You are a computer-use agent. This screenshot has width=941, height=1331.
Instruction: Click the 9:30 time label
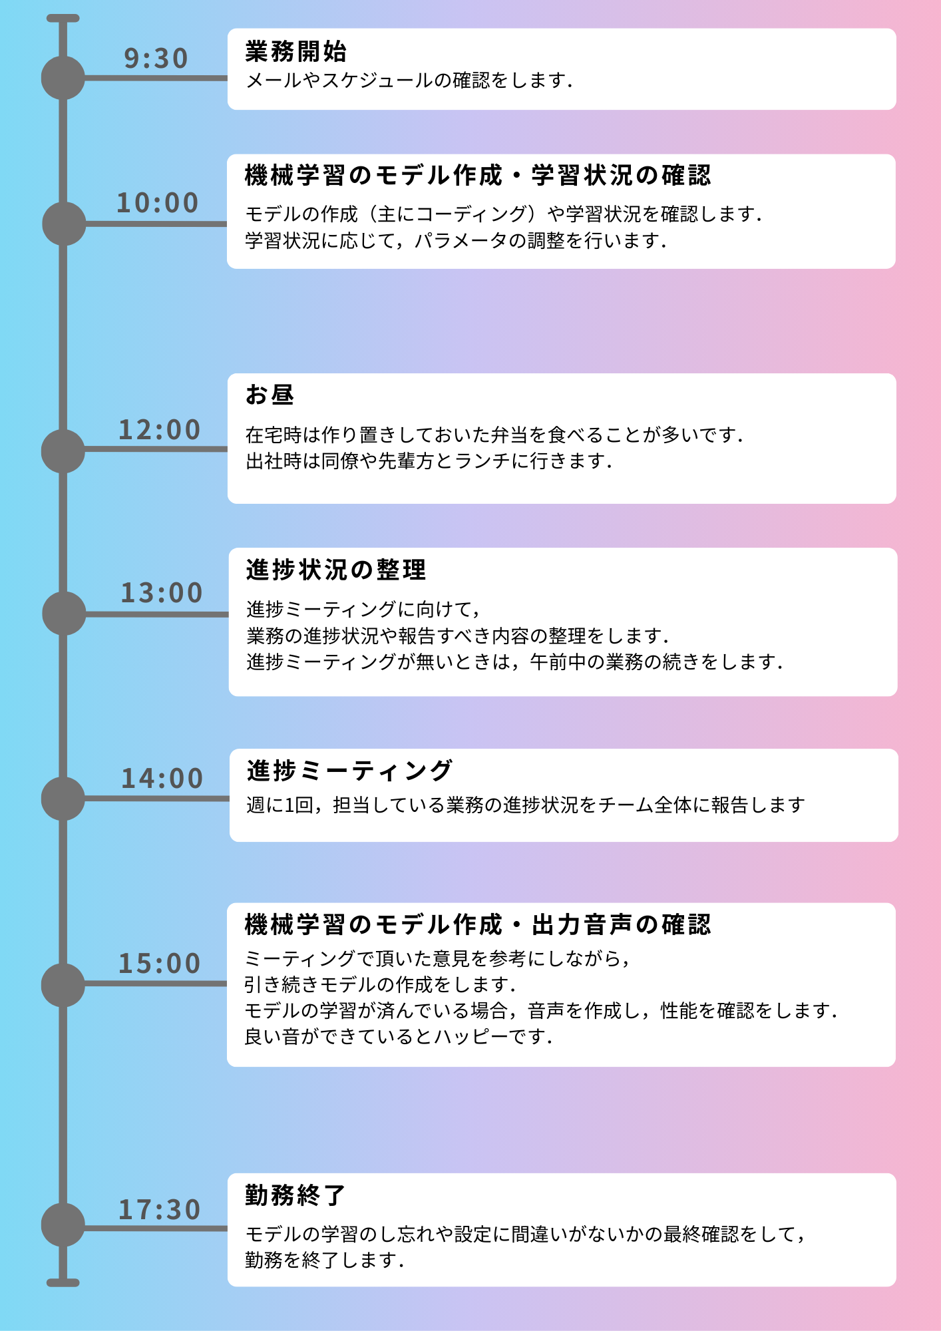pyautogui.click(x=156, y=59)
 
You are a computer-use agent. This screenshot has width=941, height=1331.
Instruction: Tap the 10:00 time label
pyautogui.click(x=158, y=203)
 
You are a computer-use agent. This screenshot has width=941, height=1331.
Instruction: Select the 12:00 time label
pyautogui.click(x=160, y=430)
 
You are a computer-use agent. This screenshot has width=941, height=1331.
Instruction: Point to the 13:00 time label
pyautogui.click(x=162, y=593)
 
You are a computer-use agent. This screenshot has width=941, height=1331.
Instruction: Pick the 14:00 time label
pyautogui.click(x=162, y=779)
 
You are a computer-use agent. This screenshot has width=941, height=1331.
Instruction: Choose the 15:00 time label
pyautogui.click(x=160, y=964)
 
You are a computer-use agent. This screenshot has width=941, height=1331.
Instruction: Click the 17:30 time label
pyautogui.click(x=160, y=1210)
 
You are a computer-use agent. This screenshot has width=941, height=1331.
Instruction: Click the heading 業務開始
pyautogui.click(x=296, y=51)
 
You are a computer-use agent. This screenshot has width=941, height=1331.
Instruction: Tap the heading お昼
pyautogui.click(x=270, y=395)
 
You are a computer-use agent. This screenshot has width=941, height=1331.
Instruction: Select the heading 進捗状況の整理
pyautogui.click(x=336, y=570)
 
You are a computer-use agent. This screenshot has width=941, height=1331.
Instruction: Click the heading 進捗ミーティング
pyautogui.click(x=350, y=771)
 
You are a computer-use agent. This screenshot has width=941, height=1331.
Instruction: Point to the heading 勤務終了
pyautogui.click(x=295, y=1195)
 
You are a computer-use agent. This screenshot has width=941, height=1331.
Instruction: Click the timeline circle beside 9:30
pyautogui.click(x=63, y=78)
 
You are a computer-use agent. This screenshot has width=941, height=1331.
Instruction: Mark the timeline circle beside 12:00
pyautogui.click(x=63, y=451)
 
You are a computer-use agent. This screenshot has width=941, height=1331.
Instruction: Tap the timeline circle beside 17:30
pyautogui.click(x=63, y=1225)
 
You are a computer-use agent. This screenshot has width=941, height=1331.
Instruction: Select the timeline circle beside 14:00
pyautogui.click(x=63, y=799)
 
